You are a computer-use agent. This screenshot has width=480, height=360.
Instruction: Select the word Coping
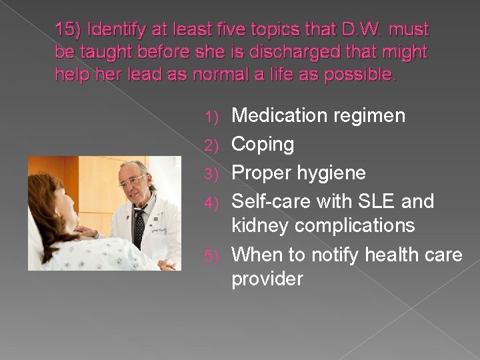[262, 145]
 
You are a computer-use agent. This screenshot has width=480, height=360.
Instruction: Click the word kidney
[260, 225]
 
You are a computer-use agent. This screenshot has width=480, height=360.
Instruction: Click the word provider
[267, 279]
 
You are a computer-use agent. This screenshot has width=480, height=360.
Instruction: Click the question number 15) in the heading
[68, 30]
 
